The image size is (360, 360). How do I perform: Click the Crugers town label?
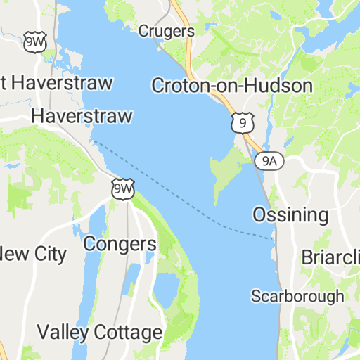click(x=166, y=31)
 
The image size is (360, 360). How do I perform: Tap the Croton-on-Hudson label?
click(x=232, y=86)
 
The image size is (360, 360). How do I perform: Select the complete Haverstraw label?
click(x=82, y=116)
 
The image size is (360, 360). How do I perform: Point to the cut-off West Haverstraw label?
click(x=56, y=82)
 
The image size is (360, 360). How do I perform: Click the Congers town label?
click(x=120, y=244)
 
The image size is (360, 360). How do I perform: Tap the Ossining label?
click(x=290, y=214)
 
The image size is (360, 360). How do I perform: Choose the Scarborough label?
click(x=297, y=295)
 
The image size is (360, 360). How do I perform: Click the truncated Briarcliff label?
click(x=330, y=257)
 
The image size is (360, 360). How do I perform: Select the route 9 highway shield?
click(x=242, y=123)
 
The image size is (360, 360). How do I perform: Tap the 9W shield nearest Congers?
click(x=122, y=188)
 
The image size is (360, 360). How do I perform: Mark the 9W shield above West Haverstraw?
click(x=33, y=41)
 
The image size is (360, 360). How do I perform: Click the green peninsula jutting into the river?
click(x=226, y=169)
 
